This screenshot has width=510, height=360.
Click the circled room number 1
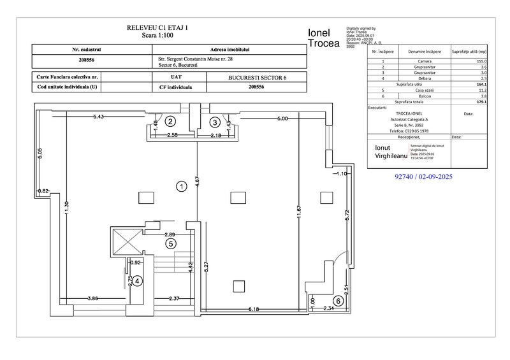pos(181,187)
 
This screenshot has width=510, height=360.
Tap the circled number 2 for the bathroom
pos(170,120)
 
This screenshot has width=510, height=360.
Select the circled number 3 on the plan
pos(215,121)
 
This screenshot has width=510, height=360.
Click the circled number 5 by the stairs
pos(170,243)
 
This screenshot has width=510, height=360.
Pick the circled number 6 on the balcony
pos(339,300)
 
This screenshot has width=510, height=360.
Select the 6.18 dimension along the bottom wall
pos(254,309)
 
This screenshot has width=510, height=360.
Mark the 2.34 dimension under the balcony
pos(329,309)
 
